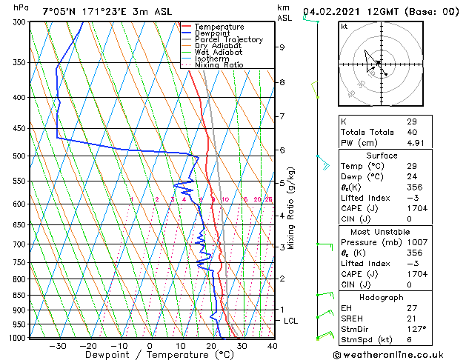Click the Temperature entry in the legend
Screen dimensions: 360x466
pos(219,27)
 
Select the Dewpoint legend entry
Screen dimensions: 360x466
pos(213,33)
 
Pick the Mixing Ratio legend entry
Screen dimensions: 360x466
pos(219,65)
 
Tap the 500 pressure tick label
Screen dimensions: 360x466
pos(19,156)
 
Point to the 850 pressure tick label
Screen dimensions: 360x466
pos(19,296)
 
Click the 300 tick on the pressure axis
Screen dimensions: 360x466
pos(19,22)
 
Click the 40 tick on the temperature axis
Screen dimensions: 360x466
pos(272,345)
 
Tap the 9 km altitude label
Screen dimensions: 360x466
pos(282,47)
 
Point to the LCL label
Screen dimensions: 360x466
pos(291,321)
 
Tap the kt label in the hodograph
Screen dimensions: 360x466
pos(344,27)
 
